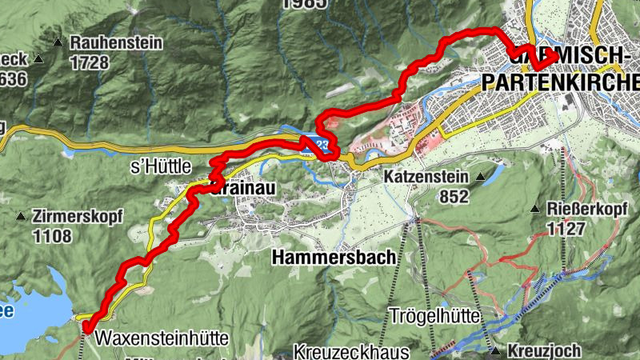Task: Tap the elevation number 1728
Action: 90,61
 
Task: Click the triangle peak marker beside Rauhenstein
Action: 58,42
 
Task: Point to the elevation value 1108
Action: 52,236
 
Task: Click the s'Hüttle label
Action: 161,166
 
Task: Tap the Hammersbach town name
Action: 334,258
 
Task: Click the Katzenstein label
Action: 427,176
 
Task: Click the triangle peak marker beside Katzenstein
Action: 480,176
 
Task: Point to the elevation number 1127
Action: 567,230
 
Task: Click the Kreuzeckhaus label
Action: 352,352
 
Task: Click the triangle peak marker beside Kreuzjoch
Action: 497,350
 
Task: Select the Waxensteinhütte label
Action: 162,338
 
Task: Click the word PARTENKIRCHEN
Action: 561,82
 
